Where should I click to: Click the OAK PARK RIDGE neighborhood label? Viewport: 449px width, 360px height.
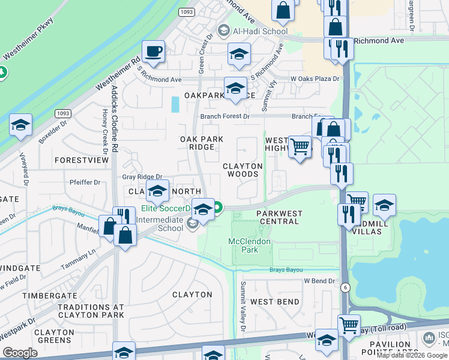[x=202, y=143]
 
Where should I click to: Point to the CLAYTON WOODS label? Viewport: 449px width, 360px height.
[x=243, y=170]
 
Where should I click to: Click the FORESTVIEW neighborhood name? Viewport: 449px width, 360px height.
[x=81, y=160]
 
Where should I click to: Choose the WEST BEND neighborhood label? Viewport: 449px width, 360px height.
[x=275, y=301]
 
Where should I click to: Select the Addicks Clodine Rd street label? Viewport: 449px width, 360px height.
[x=115, y=119]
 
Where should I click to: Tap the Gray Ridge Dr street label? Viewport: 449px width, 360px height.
[x=142, y=176]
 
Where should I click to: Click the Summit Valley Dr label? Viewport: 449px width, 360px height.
[x=244, y=307]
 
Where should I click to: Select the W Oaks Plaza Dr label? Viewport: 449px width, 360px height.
[x=315, y=79]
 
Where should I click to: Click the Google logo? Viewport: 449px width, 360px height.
[x=20, y=353]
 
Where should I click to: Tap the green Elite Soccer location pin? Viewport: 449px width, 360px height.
[x=218, y=208]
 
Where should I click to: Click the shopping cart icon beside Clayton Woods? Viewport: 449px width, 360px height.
[x=299, y=145]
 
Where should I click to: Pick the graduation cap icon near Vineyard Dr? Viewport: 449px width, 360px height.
[x=20, y=125]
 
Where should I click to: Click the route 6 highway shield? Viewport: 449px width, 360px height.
[x=345, y=287]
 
